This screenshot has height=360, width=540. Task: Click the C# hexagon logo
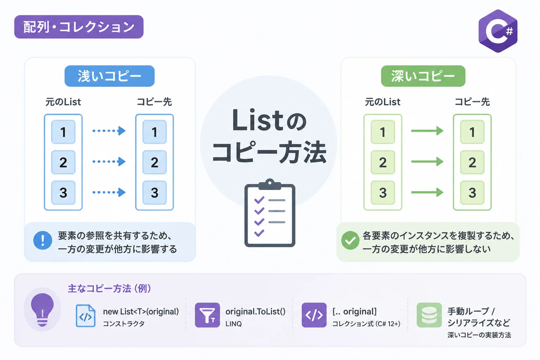click(x=498, y=31)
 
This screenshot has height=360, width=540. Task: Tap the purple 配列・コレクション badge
click(x=79, y=27)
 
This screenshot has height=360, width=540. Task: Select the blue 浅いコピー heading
click(x=109, y=76)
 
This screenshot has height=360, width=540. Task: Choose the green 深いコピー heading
click(x=423, y=76)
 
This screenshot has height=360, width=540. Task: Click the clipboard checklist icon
click(x=270, y=213)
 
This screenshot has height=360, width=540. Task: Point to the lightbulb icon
click(x=43, y=310)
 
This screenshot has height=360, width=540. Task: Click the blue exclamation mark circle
click(x=43, y=240)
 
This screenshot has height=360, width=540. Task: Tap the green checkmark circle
click(x=350, y=240)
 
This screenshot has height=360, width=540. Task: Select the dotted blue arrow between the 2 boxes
click(x=109, y=162)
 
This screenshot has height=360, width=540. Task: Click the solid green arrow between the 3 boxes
click(x=427, y=192)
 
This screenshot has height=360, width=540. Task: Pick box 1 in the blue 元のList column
click(x=63, y=132)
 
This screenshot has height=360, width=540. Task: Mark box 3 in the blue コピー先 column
click(x=155, y=193)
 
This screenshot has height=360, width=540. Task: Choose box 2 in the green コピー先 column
click(x=472, y=162)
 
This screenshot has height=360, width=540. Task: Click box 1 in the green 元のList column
click(x=383, y=132)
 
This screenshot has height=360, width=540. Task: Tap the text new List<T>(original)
click(x=141, y=311)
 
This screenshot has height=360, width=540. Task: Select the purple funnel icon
click(x=207, y=315)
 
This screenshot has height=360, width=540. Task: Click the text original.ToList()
click(x=255, y=311)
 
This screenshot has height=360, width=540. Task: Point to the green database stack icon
click(x=429, y=315)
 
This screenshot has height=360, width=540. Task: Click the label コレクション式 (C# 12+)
click(x=366, y=323)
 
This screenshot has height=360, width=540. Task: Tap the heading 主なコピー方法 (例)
click(x=109, y=288)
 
